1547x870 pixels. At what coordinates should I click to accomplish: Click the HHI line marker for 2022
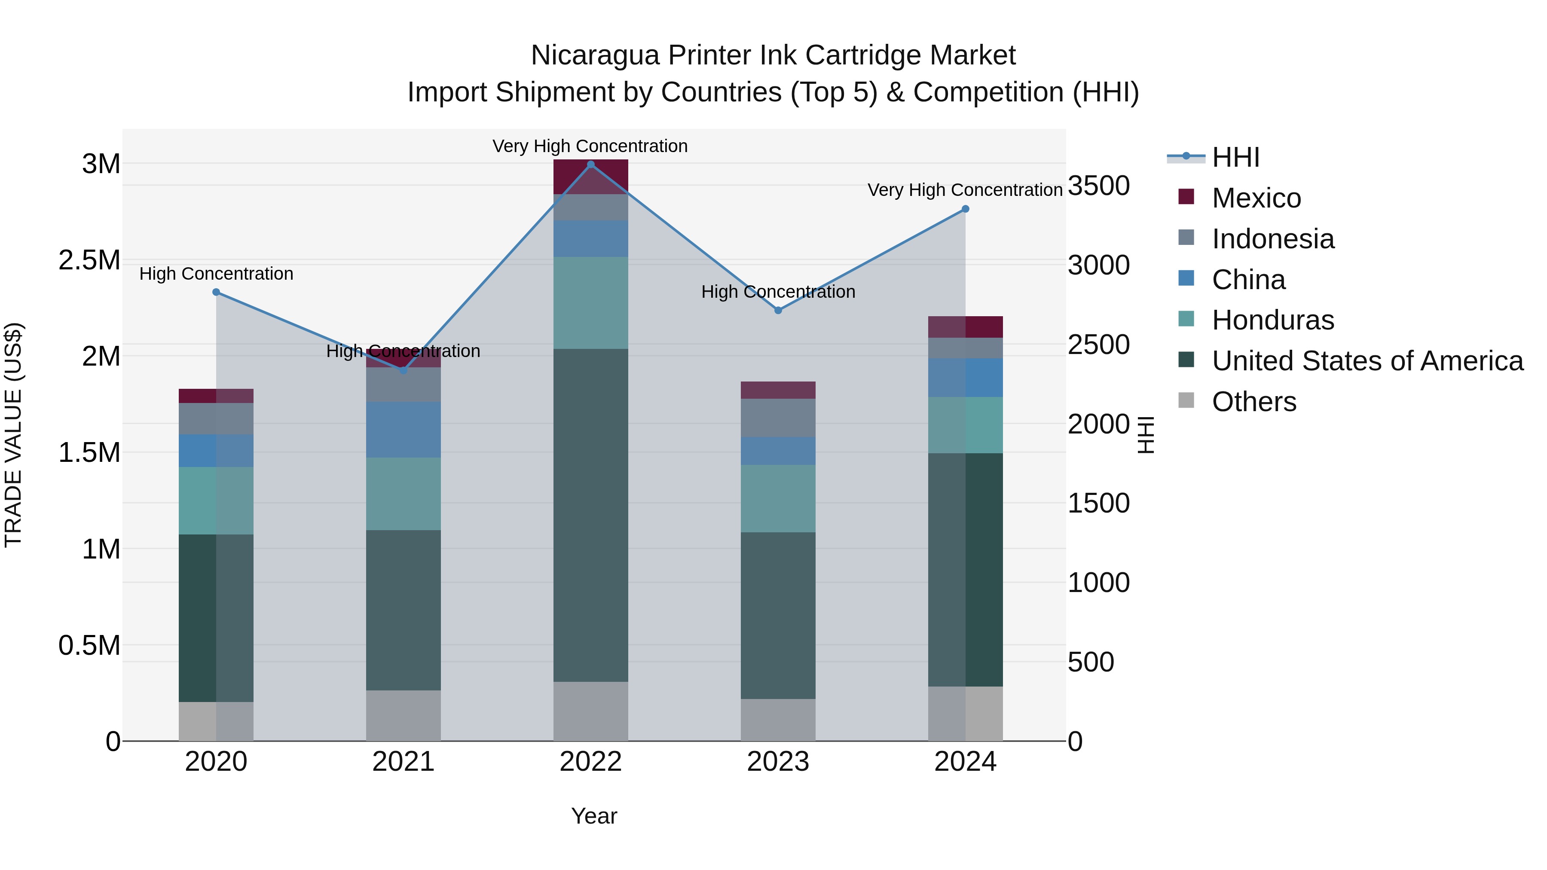click(x=590, y=165)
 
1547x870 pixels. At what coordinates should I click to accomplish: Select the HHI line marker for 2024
click(x=965, y=209)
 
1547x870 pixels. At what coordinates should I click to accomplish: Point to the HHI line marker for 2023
click(x=778, y=311)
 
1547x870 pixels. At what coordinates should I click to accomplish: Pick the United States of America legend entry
click(x=1367, y=361)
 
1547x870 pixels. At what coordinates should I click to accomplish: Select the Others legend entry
click(x=1254, y=402)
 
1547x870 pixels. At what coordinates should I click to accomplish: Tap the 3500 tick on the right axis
click(x=1098, y=186)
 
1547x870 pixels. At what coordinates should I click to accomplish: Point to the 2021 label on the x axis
click(x=403, y=762)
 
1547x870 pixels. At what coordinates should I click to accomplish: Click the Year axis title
click(x=594, y=816)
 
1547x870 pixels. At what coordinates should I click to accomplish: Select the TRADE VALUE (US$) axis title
click(x=13, y=435)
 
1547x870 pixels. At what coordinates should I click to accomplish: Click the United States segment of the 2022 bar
click(x=590, y=515)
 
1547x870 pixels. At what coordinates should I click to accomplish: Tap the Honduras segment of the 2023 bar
click(x=778, y=498)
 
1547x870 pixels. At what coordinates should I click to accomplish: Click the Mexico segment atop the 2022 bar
click(x=590, y=177)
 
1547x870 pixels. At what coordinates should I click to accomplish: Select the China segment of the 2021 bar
click(x=403, y=430)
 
